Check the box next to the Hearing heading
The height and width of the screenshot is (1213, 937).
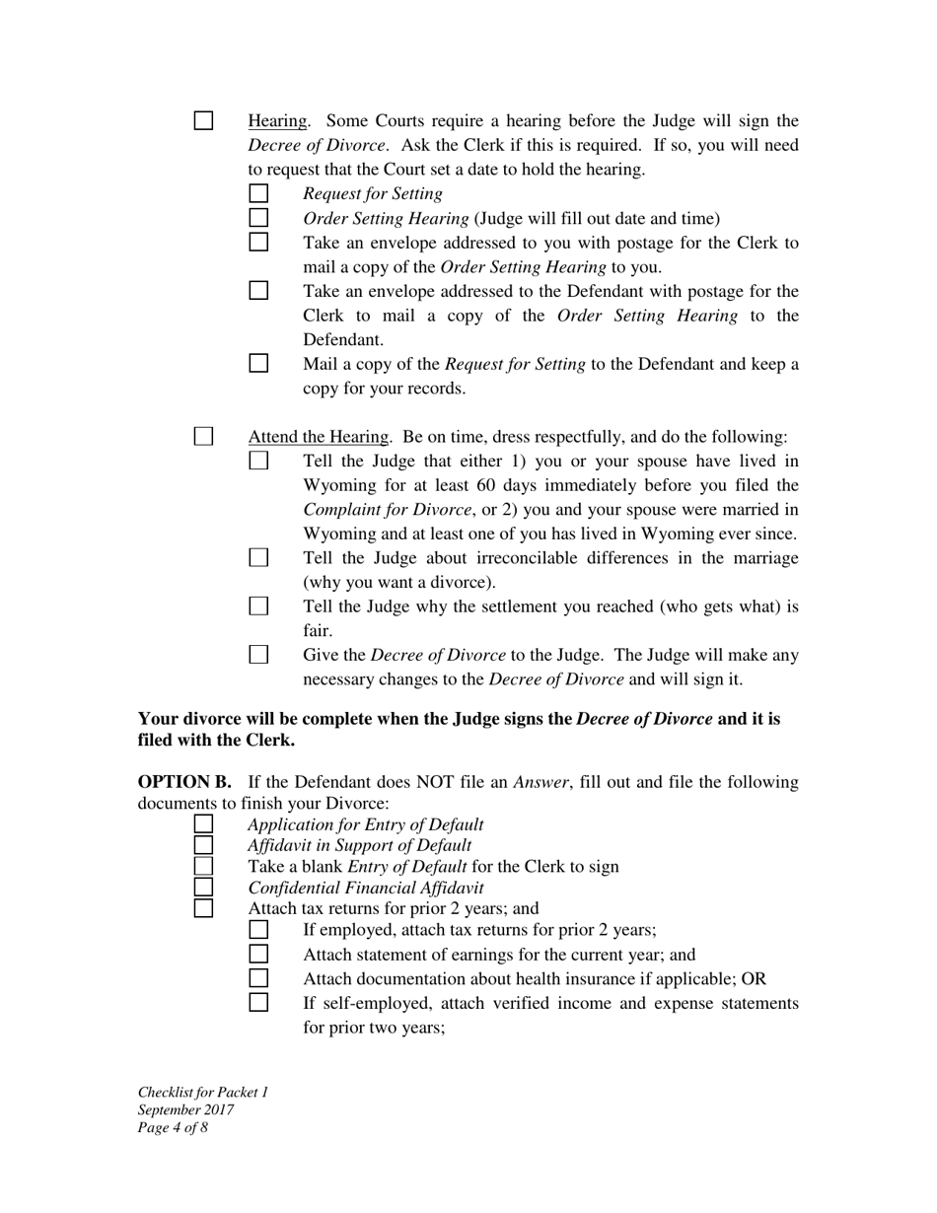click(203, 121)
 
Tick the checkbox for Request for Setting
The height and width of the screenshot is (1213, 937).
click(258, 194)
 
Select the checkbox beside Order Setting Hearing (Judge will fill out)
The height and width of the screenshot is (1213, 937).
click(258, 218)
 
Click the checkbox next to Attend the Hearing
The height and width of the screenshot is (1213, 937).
click(203, 436)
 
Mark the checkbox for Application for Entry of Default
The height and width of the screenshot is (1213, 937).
click(203, 824)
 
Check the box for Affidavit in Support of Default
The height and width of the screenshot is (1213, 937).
click(203, 845)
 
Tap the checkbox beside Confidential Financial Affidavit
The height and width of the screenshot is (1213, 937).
click(203, 888)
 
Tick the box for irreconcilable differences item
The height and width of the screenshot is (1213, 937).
click(258, 558)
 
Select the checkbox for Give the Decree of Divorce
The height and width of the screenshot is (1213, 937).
click(258, 655)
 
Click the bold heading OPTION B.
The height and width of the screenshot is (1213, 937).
click(184, 782)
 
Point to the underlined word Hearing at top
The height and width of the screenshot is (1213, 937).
click(277, 121)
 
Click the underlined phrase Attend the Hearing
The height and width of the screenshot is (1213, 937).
click(319, 437)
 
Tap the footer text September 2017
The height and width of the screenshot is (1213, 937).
click(185, 1109)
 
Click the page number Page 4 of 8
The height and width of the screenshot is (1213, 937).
click(173, 1127)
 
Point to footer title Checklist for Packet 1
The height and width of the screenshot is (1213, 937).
click(203, 1092)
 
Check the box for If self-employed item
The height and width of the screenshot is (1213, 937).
click(258, 1003)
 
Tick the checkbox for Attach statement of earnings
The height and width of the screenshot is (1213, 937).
click(258, 955)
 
